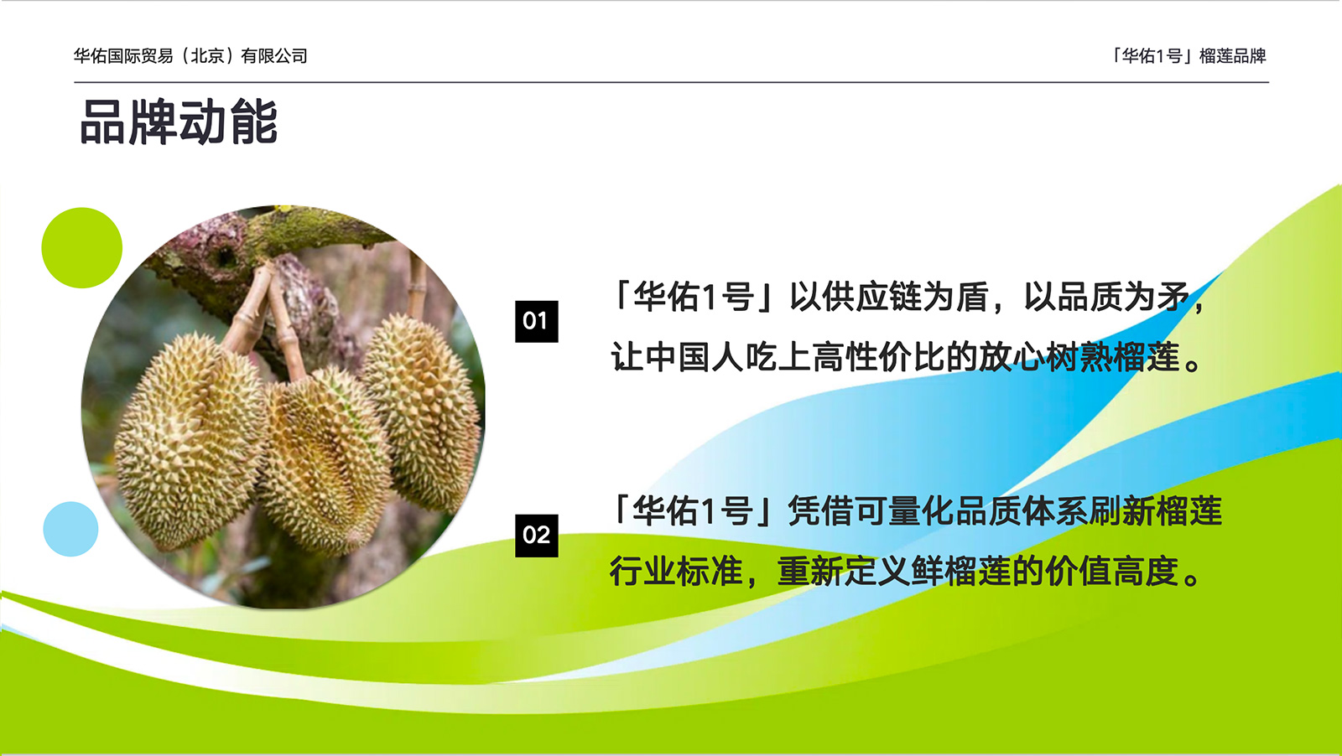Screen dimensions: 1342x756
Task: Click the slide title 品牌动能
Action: pos(179,122)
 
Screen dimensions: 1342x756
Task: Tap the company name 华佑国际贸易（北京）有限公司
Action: pos(190,55)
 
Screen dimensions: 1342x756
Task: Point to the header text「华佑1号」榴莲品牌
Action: pos(1188,55)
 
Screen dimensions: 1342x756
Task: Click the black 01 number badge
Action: pos(536,322)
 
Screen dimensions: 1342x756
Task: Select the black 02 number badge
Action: pos(536,536)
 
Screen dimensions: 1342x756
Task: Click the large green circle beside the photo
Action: pos(82,248)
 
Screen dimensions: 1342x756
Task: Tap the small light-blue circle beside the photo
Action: pos(70,529)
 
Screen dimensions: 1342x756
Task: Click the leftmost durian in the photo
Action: pos(190,443)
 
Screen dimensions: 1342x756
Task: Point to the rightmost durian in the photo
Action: pos(423,413)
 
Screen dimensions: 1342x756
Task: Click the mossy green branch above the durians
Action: pos(318,230)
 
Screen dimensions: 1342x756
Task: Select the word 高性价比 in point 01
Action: pos(878,357)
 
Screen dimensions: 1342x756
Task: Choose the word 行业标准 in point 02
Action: pos(676,571)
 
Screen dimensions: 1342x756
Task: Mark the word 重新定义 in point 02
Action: pos(844,571)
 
